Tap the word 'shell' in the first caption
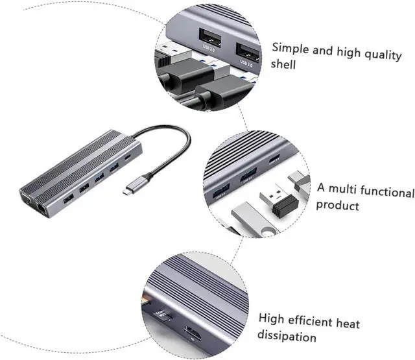[x=285, y=65]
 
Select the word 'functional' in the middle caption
[x=383, y=193]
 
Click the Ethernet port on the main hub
[x=43, y=208]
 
